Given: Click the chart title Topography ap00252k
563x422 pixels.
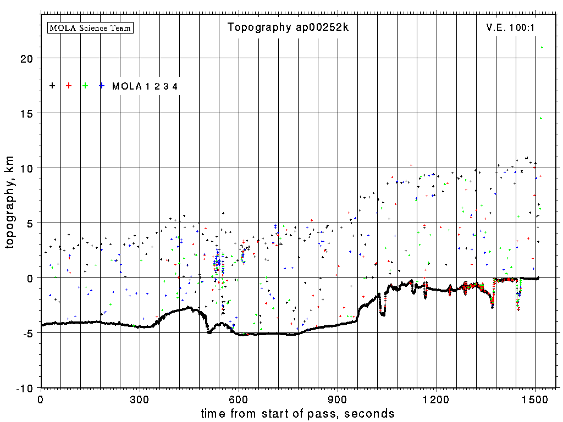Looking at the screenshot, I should tap(288, 27).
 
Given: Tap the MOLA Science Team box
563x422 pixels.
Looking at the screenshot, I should tap(91, 27).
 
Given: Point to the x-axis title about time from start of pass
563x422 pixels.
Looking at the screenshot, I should tap(297, 413).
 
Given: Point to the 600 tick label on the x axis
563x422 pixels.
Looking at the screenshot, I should tap(239, 398).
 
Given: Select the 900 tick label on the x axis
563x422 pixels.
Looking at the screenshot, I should tap(338, 398).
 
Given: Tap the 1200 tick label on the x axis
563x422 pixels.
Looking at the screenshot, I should tap(437, 398).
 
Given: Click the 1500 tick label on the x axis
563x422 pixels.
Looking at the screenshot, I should tap(536, 398).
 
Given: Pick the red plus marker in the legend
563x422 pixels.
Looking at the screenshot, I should tap(69, 86).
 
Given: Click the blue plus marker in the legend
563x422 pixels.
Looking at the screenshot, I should tap(102, 86).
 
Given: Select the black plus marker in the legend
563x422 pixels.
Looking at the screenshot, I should tap(52, 86).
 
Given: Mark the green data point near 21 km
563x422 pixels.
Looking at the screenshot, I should tap(542, 47).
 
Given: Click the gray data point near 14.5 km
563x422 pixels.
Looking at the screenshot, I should tap(540, 118).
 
